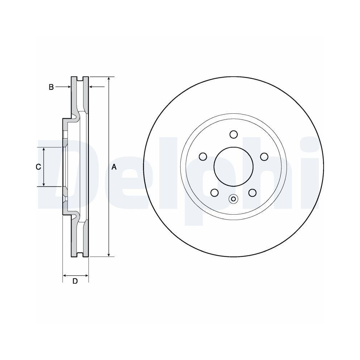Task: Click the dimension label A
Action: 114,167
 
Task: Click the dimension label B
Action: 51,87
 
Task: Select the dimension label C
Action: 38,167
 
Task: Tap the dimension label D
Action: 75,281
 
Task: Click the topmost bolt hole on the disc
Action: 233,134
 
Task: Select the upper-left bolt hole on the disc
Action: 203,157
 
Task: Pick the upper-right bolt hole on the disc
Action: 264,157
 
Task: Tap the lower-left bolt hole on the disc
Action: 215,193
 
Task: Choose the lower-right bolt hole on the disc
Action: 252,193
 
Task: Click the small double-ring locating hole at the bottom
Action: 233,199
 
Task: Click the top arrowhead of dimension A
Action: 109,79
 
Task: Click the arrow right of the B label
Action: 68,87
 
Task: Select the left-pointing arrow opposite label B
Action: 91,87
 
